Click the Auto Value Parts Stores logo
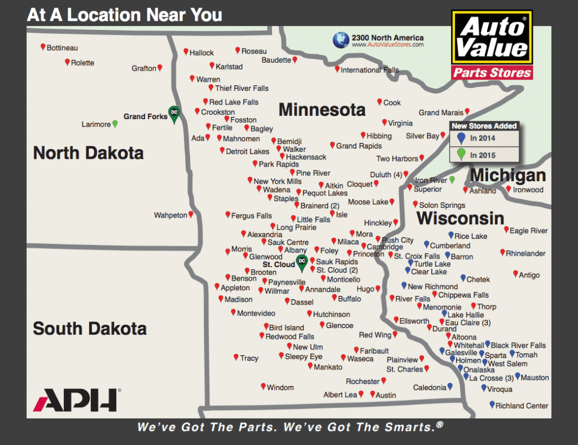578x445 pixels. pyautogui.click(x=492, y=45)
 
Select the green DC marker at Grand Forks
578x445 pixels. pyautogui.click(x=174, y=114)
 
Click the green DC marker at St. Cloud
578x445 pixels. pyautogui.click(x=302, y=262)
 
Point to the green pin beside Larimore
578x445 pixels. pyautogui.click(x=115, y=123)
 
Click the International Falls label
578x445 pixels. pyautogui.click(x=370, y=70)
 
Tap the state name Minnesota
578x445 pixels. pyautogui.click(x=322, y=109)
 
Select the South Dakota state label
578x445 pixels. pyautogui.click(x=90, y=328)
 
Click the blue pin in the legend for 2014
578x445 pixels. pyautogui.click(x=461, y=138)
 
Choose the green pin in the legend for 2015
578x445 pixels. pyautogui.click(x=461, y=154)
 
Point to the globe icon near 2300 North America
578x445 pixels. pyautogui.click(x=340, y=40)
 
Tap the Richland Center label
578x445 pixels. pyautogui.click(x=522, y=405)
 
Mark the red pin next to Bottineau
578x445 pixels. pyautogui.click(x=43, y=47)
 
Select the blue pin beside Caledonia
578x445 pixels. pyautogui.click(x=450, y=387)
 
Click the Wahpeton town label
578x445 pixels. pyautogui.click(x=170, y=215)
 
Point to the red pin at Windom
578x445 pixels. pyautogui.click(x=263, y=386)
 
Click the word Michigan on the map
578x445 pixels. pyautogui.click(x=508, y=175)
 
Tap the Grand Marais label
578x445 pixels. pyautogui.click(x=441, y=113)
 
